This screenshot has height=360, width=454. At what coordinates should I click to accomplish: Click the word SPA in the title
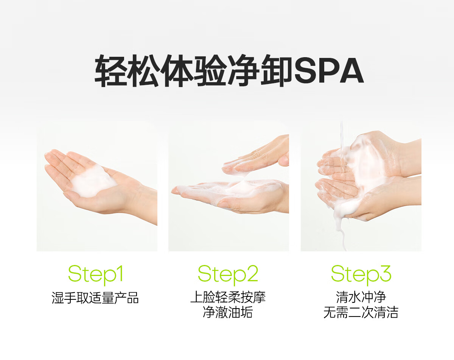(x=329, y=70)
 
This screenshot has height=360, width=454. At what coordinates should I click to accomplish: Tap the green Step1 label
(x=96, y=275)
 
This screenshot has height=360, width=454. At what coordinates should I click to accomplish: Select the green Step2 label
(x=228, y=275)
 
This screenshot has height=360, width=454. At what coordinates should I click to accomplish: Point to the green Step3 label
(x=361, y=275)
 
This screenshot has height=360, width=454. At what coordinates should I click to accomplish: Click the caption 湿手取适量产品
(x=95, y=298)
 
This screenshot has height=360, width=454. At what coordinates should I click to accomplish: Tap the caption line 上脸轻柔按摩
(x=228, y=297)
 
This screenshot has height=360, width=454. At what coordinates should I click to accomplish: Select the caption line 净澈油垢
(x=228, y=312)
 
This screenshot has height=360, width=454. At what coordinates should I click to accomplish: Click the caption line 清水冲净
(x=361, y=297)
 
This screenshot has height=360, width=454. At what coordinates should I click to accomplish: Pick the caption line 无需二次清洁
(x=361, y=312)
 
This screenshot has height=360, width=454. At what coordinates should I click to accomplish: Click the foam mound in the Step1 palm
(x=93, y=182)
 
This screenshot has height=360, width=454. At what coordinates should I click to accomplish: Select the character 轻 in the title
(x=111, y=70)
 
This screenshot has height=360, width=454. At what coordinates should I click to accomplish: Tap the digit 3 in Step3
(x=384, y=273)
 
